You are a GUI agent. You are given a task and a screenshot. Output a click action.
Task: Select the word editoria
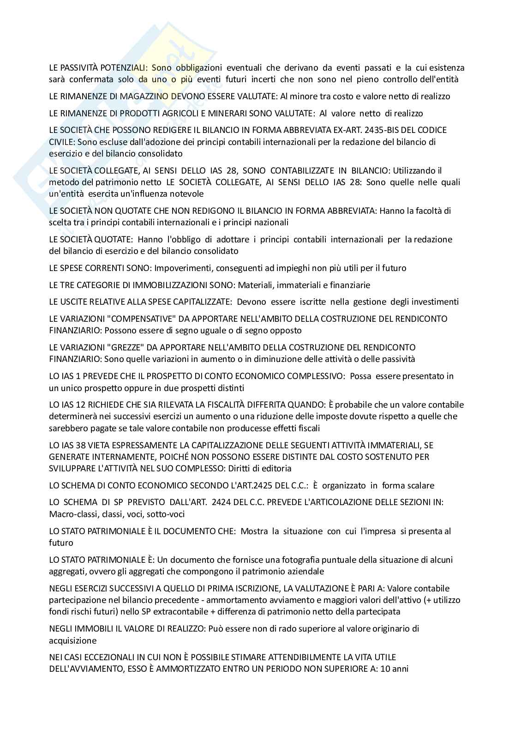[277, 468]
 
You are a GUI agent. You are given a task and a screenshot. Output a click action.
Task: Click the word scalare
[418, 485]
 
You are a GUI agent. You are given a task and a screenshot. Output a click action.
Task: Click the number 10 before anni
[383, 669]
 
